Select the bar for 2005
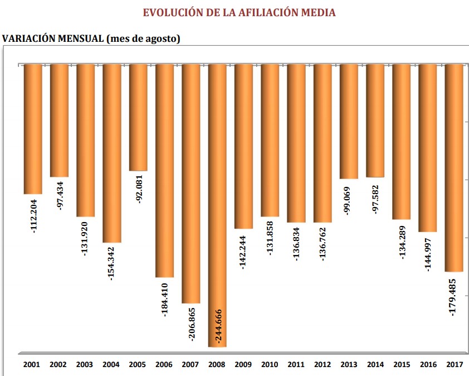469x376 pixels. (138, 117)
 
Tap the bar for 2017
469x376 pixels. (454, 167)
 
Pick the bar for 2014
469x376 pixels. (375, 120)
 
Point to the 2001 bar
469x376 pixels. (33, 128)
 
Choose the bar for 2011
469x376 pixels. (296, 143)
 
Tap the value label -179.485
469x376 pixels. (454, 297)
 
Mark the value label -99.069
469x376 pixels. (349, 203)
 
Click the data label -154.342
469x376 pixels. (112, 263)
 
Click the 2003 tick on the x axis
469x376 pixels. (84, 365)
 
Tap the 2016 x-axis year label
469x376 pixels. (427, 365)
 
